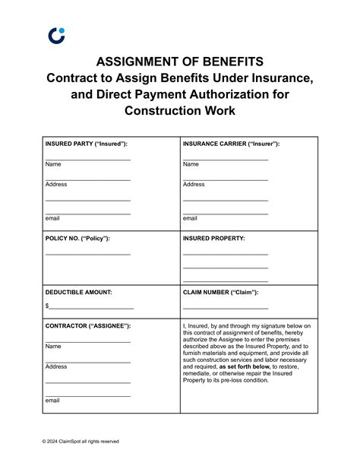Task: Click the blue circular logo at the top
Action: coord(56,35)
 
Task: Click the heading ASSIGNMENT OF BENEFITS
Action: coord(180,62)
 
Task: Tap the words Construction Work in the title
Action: coord(180,111)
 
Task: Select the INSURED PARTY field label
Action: coord(86,144)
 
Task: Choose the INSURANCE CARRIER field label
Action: coord(231,144)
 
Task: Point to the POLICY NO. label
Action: coord(77,238)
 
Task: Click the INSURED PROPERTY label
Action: coord(213,238)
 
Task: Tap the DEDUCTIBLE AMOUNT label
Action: coord(78,291)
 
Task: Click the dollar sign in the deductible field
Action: coord(47,306)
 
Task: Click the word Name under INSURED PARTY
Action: coord(53,164)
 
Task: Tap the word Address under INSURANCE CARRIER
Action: coord(194,184)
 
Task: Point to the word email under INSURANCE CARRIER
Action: coord(190,218)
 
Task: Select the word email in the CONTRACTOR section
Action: coord(52,400)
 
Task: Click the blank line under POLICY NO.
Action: coord(87,253)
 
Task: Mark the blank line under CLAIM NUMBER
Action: coord(225,307)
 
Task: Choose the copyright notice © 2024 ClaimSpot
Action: coord(81,441)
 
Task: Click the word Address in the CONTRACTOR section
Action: coord(56,366)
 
